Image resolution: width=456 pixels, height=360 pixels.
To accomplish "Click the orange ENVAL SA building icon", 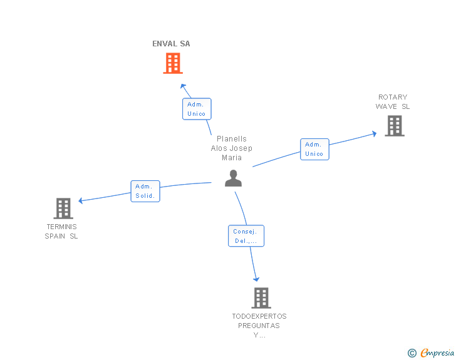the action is pos(173,63).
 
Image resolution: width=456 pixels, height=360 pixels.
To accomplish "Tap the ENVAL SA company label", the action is pos(171,44).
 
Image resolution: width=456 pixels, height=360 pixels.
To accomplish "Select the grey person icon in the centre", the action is pos(233,178).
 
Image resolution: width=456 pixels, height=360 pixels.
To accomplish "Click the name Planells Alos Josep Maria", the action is pos(232,148).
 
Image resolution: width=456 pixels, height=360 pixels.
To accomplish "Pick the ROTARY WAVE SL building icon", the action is pos(395,126).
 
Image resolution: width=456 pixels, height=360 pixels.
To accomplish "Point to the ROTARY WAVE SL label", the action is pos(393,102).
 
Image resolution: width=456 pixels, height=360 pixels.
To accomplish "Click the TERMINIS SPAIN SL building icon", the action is pos(63,208).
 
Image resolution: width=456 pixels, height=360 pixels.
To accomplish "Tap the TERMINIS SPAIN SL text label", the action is pos(61,231).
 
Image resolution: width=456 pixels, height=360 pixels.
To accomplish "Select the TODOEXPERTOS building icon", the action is pos(261,298).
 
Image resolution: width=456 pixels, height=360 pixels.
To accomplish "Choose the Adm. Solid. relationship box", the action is pos(145,191).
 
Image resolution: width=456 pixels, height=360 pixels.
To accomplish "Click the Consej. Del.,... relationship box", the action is pos(246,236).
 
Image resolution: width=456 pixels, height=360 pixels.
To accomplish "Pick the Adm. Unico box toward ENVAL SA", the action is pos(197,109).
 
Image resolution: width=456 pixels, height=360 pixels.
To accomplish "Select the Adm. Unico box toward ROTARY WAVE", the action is pos(314,149).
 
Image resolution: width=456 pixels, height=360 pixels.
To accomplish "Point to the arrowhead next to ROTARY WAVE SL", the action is pos(375,134).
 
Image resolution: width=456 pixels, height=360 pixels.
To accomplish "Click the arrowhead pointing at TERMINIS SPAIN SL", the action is pos(81,200).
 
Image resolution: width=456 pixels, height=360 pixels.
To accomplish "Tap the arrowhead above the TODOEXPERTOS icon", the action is pos(256,279).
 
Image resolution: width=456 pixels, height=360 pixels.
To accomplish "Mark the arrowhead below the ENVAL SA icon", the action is pos(183,86).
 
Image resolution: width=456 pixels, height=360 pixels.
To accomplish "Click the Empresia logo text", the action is pos(437,352).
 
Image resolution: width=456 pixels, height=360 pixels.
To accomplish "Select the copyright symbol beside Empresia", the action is pos(412,353).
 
